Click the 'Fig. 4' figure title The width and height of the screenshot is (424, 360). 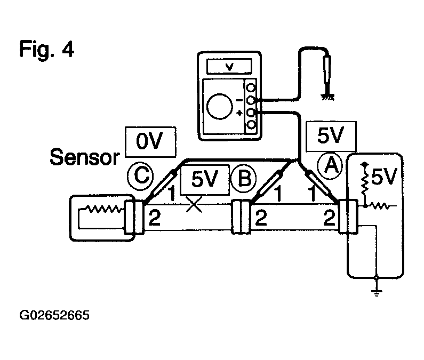[x=46, y=49]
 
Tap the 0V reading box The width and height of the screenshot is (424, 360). [x=150, y=142]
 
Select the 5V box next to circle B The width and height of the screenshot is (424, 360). [x=205, y=179]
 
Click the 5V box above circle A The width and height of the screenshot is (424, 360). [x=331, y=136]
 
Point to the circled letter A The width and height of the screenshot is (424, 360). [x=330, y=165]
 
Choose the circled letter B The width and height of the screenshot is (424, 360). [x=244, y=179]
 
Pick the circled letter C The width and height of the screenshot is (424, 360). [x=140, y=177]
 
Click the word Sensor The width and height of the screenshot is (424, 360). [x=85, y=157]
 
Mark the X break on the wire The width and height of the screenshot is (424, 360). [x=194, y=204]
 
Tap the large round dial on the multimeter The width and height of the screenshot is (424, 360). [x=219, y=106]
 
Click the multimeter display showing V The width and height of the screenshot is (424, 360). [x=229, y=66]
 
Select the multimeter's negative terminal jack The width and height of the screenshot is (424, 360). [x=251, y=100]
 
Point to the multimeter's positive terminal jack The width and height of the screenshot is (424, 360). [x=251, y=112]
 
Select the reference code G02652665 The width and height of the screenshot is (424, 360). [x=54, y=315]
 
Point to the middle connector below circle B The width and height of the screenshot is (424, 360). [x=241, y=217]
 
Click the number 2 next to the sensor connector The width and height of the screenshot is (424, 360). [x=155, y=218]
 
